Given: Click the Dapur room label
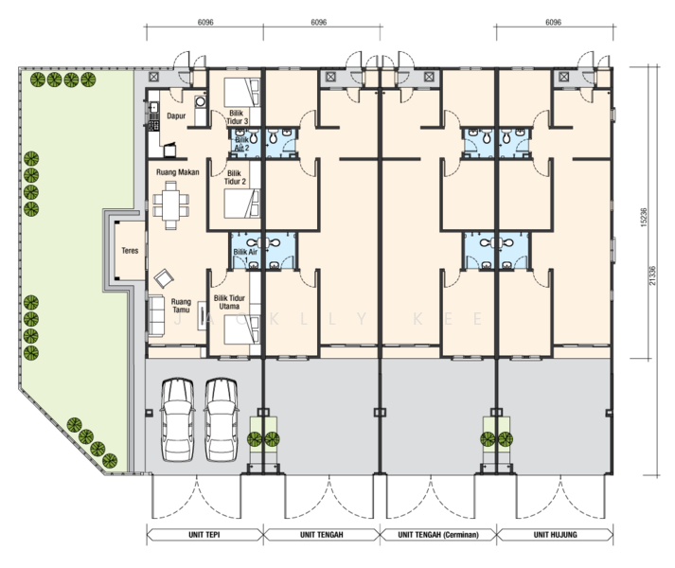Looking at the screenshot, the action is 176,115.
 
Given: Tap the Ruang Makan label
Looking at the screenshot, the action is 177,172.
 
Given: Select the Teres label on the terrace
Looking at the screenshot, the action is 130,251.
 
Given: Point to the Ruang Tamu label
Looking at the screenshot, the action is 181,306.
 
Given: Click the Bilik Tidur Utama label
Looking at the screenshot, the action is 229,302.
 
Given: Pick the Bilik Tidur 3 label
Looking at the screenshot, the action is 238,117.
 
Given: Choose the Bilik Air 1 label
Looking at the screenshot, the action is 245,255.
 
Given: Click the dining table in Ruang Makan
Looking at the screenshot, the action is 171,205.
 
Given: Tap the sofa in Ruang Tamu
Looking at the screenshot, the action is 156,315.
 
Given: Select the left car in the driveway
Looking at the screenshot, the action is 177,419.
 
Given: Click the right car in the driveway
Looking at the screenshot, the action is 221,419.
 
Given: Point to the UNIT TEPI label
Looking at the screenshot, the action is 204,535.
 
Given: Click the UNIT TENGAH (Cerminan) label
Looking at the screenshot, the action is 438,535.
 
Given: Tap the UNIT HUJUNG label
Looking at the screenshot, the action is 556,535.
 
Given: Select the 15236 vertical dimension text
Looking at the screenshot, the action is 644,218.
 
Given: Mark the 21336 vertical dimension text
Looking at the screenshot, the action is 652,275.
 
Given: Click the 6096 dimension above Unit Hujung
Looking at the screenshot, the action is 553,22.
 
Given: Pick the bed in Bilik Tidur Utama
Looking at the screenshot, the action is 242,329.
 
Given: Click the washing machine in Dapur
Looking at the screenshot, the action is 200,101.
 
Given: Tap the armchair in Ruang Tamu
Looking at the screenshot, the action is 164,278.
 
